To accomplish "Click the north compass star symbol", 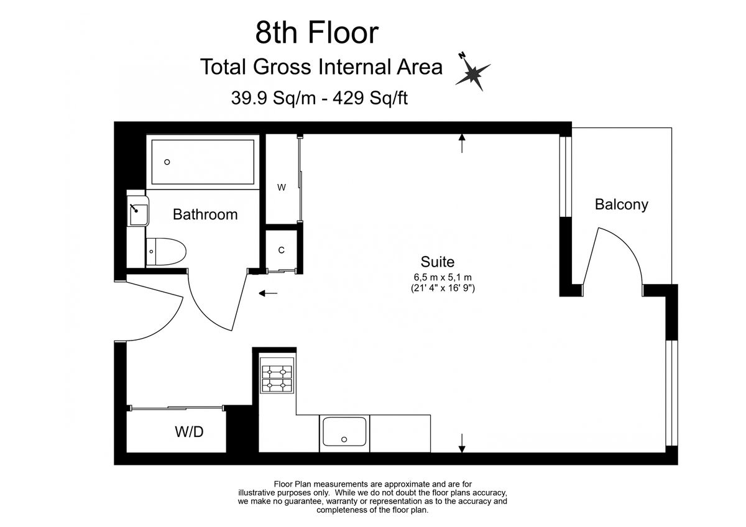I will pos(474,72).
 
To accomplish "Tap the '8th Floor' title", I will pos(316,32).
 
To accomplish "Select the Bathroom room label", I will pos(205,214).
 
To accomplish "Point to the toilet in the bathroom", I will pos(167,252).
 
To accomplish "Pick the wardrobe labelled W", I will pos(282,187).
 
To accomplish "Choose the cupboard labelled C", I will pos(281,250).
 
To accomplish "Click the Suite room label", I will pos(438,262).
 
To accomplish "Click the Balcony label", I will pos(621,204).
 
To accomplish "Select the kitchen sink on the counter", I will pos(344,433).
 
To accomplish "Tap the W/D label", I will pos(188,432).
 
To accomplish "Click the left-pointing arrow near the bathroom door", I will pos(269,293).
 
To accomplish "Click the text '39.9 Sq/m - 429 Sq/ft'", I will pos(319,98).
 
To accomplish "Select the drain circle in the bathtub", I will pos(167,162).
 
